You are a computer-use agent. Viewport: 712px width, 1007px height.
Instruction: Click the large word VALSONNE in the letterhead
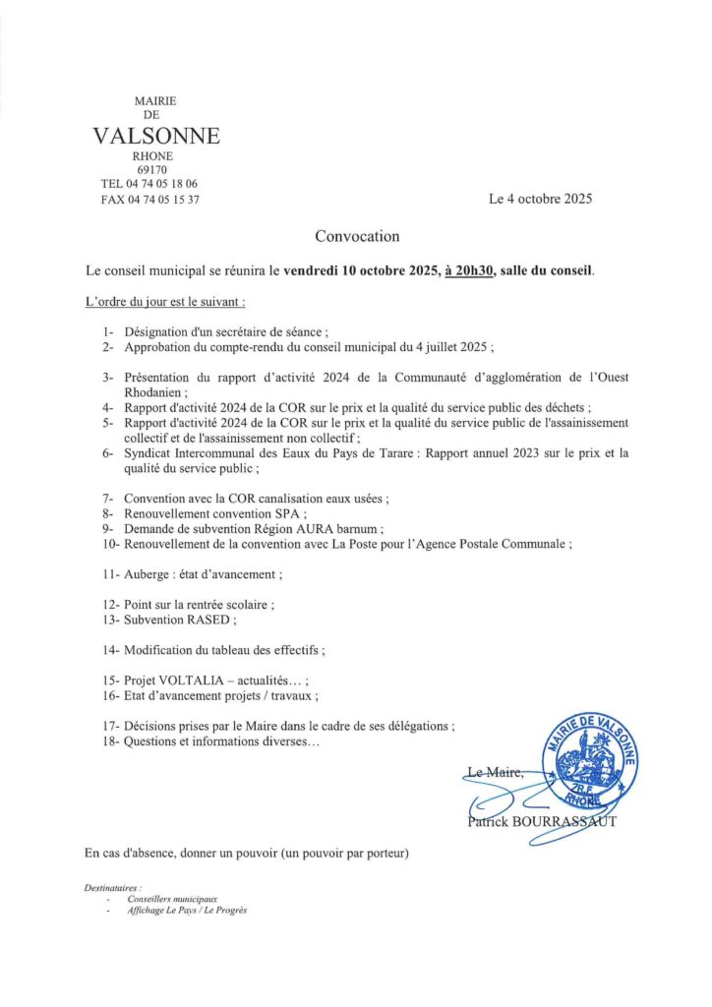tap(156, 137)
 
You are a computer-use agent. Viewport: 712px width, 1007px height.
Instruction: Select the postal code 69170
tap(152, 170)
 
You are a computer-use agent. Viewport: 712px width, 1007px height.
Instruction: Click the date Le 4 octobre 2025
tap(540, 199)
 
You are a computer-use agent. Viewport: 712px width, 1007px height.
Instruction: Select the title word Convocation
tap(357, 236)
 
